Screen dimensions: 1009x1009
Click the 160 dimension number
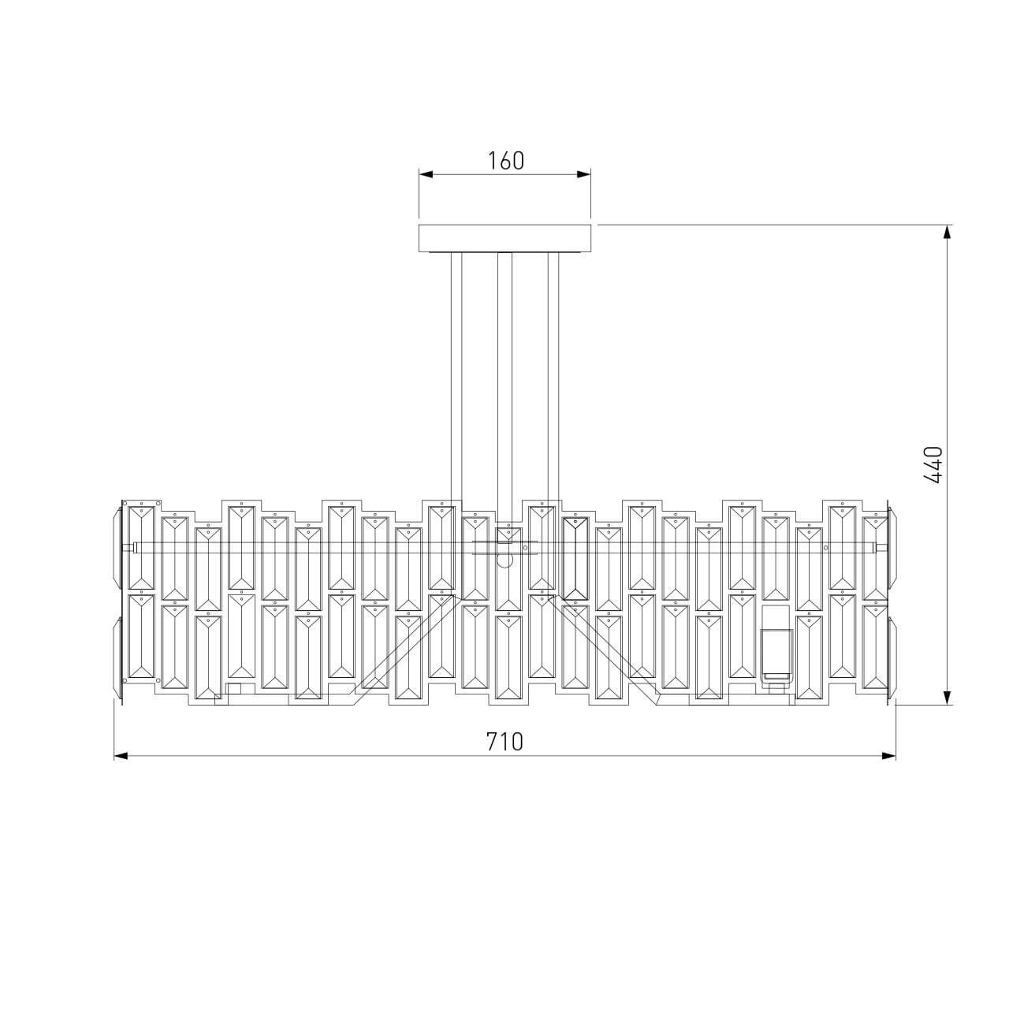click(505, 161)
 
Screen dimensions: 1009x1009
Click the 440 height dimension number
click(933, 464)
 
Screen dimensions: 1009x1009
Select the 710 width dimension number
click(504, 742)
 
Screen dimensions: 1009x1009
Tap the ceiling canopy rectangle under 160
click(504, 239)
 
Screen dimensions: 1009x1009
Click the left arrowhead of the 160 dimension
click(426, 174)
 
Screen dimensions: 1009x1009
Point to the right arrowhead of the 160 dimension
click(584, 174)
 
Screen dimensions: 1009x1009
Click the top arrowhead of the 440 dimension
click(947, 233)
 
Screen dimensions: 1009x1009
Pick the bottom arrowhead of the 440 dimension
click(947, 698)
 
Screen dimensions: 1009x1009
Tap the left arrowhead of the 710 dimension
click(121, 756)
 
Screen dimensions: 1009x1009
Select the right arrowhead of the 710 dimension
click(888, 756)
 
